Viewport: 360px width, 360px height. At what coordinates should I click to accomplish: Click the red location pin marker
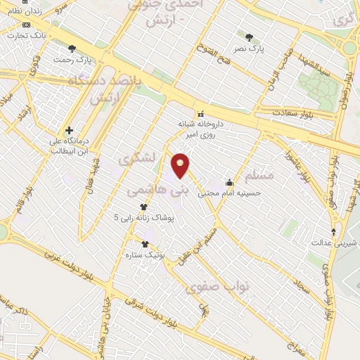tap(181, 165)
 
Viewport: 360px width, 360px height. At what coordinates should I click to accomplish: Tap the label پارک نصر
tap(250, 49)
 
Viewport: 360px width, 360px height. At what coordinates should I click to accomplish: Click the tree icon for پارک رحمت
tap(72, 48)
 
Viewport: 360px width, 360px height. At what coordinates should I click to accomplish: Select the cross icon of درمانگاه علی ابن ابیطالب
tap(69, 130)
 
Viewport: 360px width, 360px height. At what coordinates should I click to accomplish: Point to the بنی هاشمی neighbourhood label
tap(159, 189)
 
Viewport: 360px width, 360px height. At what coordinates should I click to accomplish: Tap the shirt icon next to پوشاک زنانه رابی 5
tap(144, 207)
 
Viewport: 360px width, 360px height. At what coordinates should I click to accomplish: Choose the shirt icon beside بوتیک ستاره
tap(145, 244)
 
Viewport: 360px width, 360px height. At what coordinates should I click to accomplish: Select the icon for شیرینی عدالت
tap(334, 232)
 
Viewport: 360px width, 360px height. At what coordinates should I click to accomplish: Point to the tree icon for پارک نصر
tap(250, 37)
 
